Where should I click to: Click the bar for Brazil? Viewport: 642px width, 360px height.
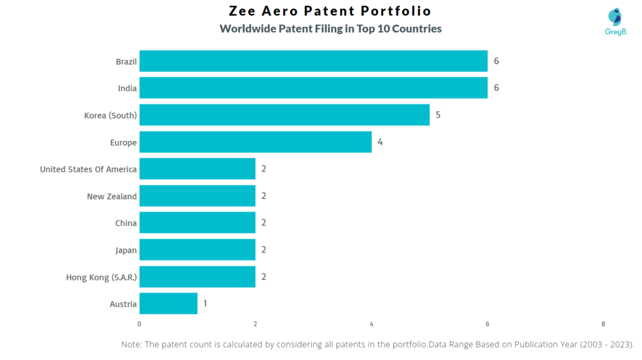pyautogui.click(x=313, y=61)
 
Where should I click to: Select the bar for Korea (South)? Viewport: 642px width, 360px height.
pyautogui.click(x=284, y=115)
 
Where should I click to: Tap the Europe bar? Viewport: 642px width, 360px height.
pyautogui.click(x=255, y=142)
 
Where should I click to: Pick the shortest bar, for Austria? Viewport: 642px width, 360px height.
pyautogui.click(x=168, y=304)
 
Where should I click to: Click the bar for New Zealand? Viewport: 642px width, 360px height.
pyautogui.click(x=197, y=196)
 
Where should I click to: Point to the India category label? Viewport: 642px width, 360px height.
pyautogui.click(x=127, y=88)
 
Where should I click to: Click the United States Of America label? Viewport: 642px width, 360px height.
pyautogui.click(x=88, y=169)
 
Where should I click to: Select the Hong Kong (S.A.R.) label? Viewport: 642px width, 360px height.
pyautogui.click(x=102, y=277)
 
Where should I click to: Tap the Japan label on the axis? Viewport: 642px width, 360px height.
pyautogui.click(x=126, y=250)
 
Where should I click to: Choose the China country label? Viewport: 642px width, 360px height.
pyautogui.click(x=126, y=223)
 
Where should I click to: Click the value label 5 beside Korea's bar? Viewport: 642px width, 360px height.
pyautogui.click(x=438, y=115)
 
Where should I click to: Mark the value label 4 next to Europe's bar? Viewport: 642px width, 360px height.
pyautogui.click(x=380, y=142)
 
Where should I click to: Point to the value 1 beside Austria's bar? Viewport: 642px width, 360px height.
pyautogui.click(x=204, y=304)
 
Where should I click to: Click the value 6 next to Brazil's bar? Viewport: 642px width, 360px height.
pyautogui.click(x=496, y=61)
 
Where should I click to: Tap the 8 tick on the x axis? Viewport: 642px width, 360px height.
pyautogui.click(x=603, y=324)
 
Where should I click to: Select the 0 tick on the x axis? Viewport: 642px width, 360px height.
pyautogui.click(x=139, y=324)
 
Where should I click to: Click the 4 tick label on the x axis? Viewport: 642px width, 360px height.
pyautogui.click(x=371, y=324)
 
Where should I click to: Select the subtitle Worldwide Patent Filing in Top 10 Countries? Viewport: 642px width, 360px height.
pyautogui.click(x=330, y=29)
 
